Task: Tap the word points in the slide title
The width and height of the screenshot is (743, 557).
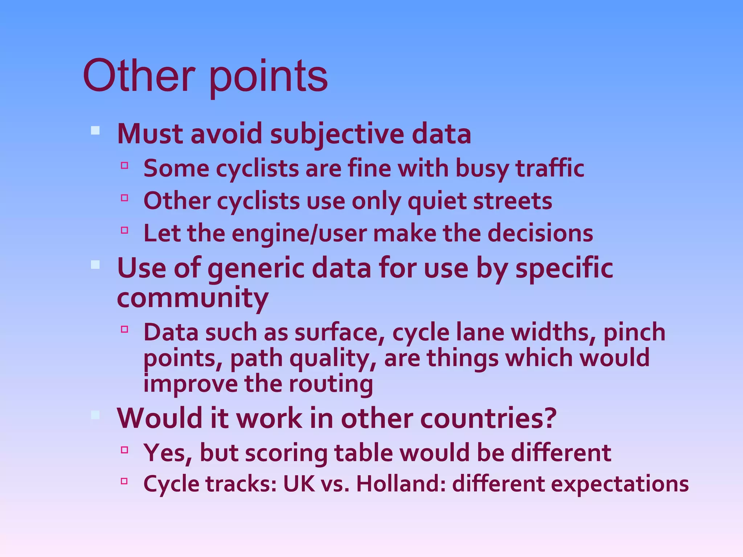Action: [x=268, y=78]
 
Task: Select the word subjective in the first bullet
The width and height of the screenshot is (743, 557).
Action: [x=337, y=134]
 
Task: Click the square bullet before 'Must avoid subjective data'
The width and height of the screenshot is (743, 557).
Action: [x=95, y=131]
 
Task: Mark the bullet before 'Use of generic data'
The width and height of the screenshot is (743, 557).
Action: [x=95, y=265]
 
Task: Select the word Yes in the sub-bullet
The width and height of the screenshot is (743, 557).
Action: [x=167, y=453]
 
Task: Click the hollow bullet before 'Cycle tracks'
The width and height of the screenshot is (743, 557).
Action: [x=124, y=481]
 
